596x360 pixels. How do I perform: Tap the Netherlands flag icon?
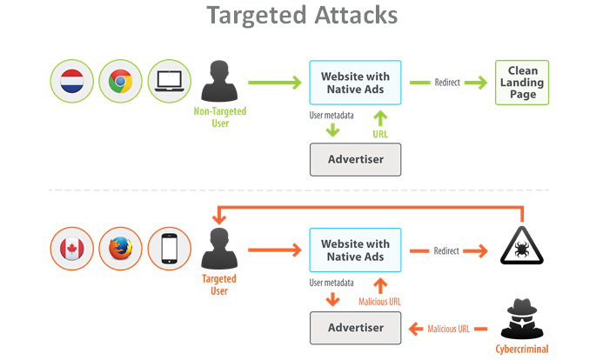point(71,82)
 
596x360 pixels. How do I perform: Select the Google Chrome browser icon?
point(120,82)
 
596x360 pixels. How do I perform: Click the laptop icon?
point(169,82)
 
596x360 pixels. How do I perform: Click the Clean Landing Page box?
point(522,82)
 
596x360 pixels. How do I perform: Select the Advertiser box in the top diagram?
point(355,159)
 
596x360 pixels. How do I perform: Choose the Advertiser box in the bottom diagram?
point(355,328)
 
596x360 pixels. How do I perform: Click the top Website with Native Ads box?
point(355,82)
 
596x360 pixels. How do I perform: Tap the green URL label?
point(379,136)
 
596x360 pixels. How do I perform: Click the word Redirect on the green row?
point(446,82)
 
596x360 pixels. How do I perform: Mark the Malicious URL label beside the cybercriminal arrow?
point(449,329)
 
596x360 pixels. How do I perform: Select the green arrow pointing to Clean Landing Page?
point(475,82)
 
